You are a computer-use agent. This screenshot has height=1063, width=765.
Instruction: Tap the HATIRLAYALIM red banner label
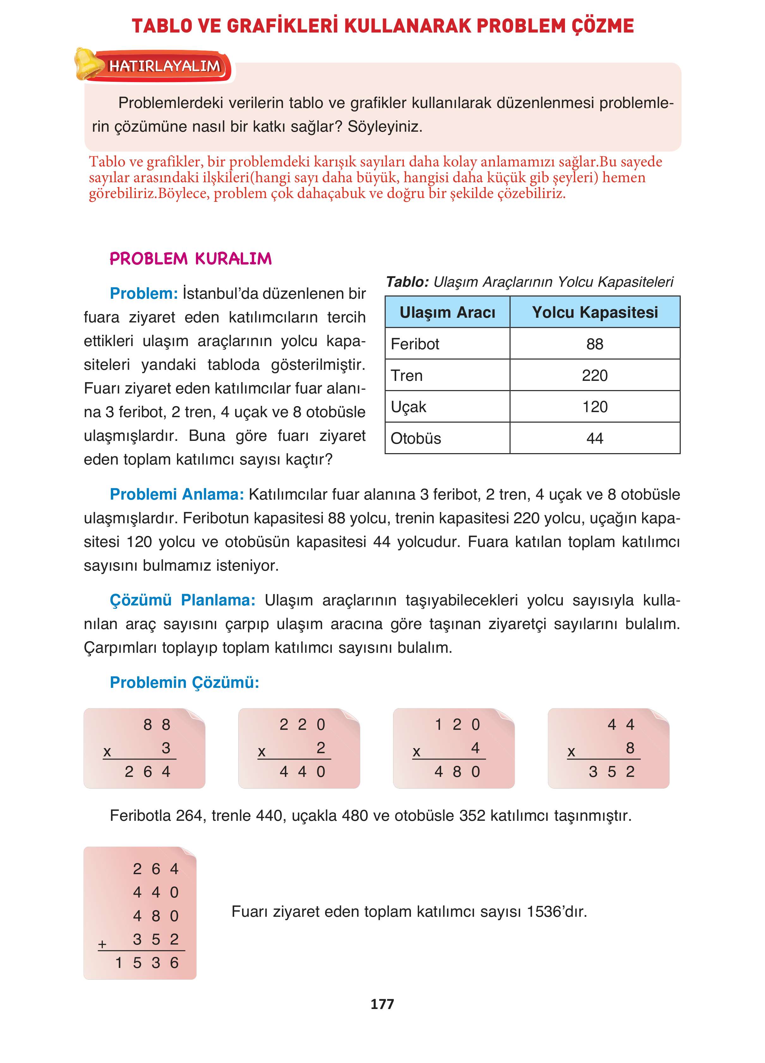[x=165, y=66]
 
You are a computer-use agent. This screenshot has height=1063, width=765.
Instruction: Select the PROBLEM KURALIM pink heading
[x=191, y=259]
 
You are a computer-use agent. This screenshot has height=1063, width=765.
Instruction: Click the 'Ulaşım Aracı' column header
[x=447, y=312]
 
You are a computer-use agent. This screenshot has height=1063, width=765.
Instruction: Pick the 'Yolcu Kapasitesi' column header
[x=595, y=312]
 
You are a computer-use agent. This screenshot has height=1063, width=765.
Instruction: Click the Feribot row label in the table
[x=415, y=344]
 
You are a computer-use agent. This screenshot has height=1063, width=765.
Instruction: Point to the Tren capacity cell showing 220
[x=595, y=375]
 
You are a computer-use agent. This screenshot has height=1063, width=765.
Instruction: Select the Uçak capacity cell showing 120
[x=595, y=407]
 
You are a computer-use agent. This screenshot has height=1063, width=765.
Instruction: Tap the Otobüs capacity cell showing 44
[x=595, y=439]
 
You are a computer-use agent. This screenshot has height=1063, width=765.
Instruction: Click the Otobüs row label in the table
[x=416, y=439]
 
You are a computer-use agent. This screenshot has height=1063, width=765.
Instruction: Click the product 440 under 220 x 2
[x=302, y=772]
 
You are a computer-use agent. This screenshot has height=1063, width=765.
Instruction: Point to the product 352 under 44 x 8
[x=612, y=772]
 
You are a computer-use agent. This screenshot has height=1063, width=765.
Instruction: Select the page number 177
[x=382, y=1004]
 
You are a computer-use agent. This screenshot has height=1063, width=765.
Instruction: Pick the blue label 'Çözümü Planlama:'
[x=182, y=600]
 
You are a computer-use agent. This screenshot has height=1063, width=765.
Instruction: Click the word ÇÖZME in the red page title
[x=602, y=26]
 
